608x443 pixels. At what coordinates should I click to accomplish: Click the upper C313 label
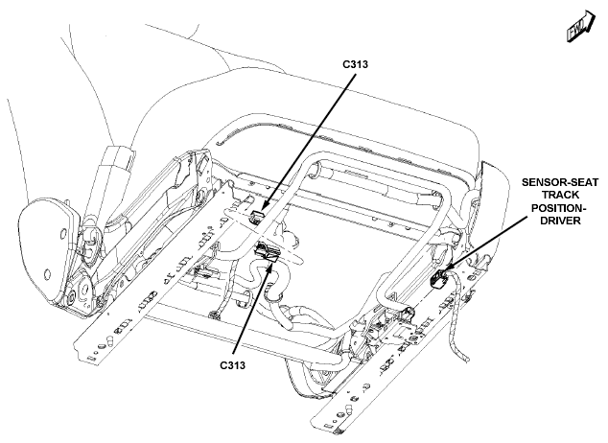point(355,64)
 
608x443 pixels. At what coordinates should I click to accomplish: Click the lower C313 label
point(233,365)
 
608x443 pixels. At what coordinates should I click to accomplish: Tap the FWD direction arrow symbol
point(580,26)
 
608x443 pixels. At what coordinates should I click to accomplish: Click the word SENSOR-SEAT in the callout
point(559,182)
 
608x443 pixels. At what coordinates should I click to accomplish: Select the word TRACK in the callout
point(560,195)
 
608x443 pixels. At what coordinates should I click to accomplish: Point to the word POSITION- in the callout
point(558,208)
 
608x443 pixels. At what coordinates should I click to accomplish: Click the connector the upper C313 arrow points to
point(256,217)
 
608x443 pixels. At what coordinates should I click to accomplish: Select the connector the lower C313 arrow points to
point(267,251)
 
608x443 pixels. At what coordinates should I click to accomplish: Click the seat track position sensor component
point(439,279)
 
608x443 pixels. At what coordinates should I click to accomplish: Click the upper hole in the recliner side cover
point(62,233)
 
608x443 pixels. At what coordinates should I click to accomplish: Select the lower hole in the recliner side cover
point(47,274)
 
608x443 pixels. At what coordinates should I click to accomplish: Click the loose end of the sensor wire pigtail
point(467,360)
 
